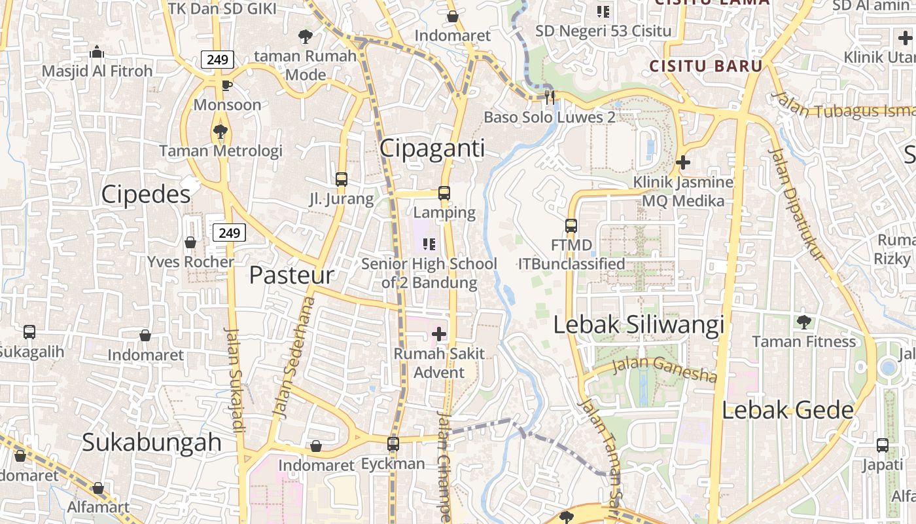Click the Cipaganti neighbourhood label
click(432, 149)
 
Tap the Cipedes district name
click(146, 194)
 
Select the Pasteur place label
click(291, 275)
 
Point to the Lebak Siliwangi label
click(639, 325)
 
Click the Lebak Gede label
click(788, 411)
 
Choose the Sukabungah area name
click(152, 442)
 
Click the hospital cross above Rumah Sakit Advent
click(439, 334)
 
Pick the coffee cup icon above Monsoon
click(226, 85)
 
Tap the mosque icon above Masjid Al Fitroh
click(97, 52)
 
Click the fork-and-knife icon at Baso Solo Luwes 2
click(550, 97)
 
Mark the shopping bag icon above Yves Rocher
click(190, 242)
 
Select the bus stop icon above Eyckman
click(393, 444)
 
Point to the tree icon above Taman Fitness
click(803, 322)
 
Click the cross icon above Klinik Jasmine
click(683, 162)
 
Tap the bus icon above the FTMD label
click(571, 226)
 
